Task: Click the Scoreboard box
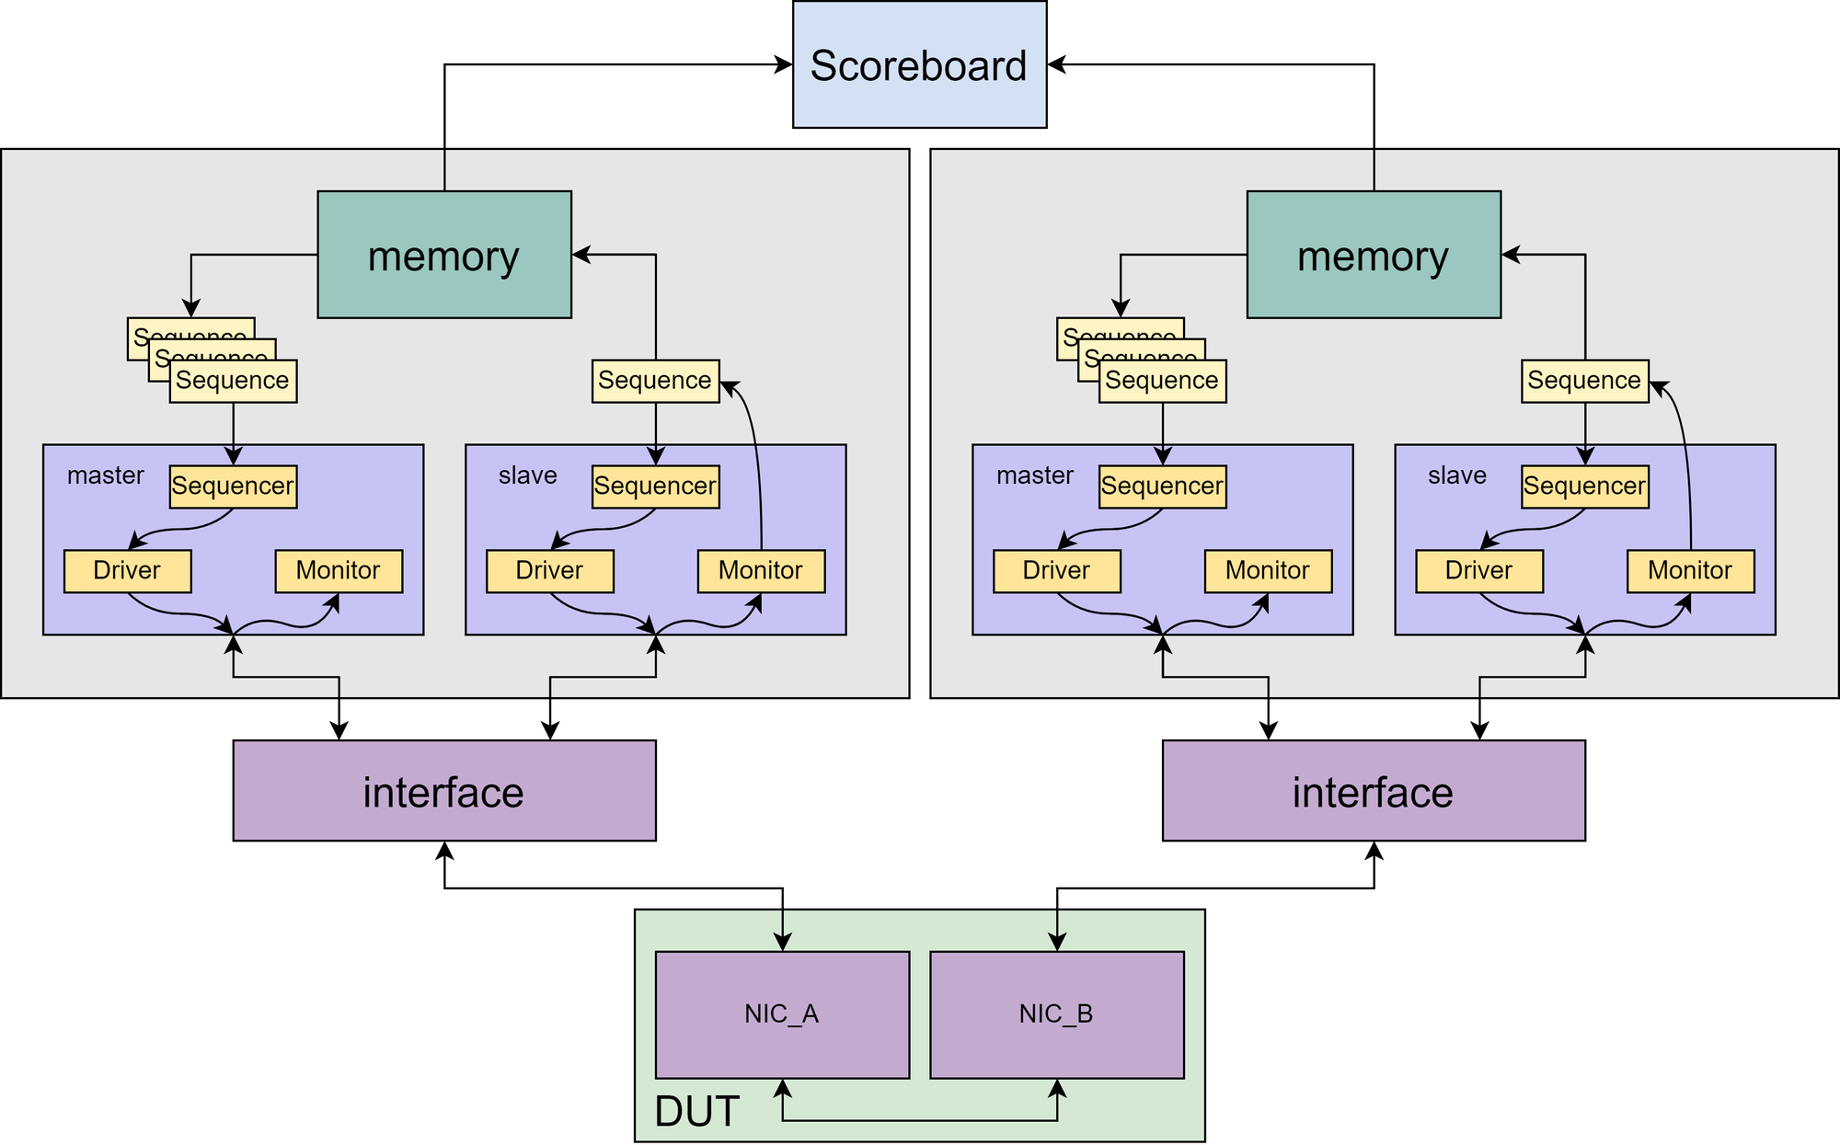point(919,64)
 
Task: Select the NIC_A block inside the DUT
point(782,1014)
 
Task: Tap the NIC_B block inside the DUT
point(1056,1014)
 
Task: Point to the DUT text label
point(696,1112)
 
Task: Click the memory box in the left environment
point(444,255)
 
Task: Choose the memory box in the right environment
point(1374,255)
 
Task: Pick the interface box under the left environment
point(444,791)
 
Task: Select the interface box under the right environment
point(1374,791)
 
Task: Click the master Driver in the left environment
point(127,571)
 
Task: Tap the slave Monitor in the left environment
point(761,571)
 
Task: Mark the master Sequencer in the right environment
point(1162,487)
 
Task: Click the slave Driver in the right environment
point(1478,571)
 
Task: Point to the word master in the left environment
point(106,475)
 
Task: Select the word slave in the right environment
point(1457,475)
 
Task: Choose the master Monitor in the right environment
point(1268,571)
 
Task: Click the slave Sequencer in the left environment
point(655,487)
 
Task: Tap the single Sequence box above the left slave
point(655,381)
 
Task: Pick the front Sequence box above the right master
point(1162,381)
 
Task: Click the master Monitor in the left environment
point(339,571)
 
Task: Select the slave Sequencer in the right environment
point(1584,487)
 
